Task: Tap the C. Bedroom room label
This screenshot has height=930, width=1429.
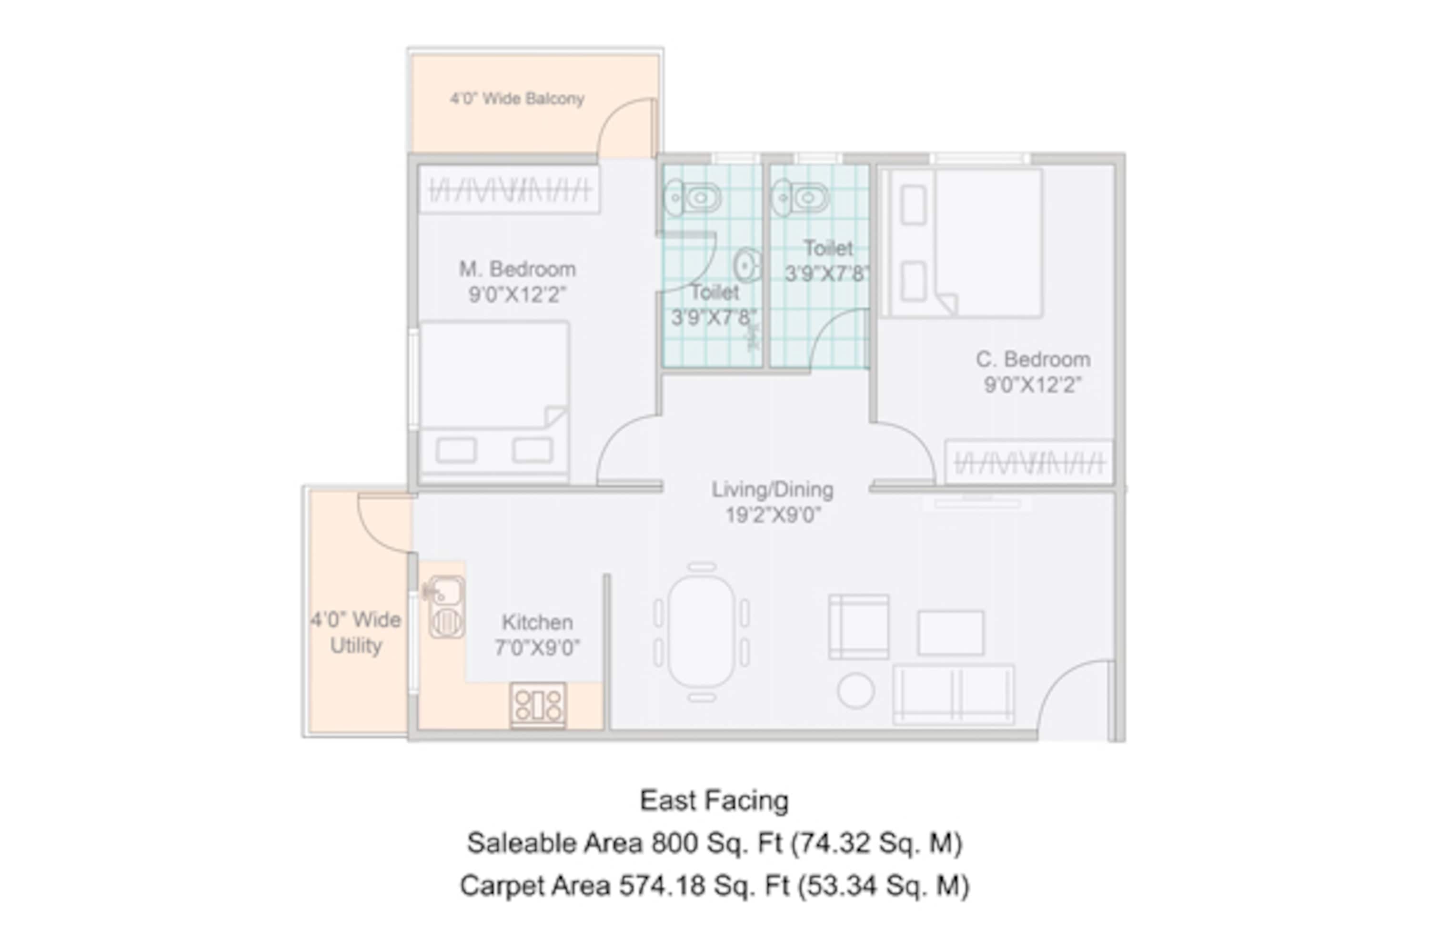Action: click(1033, 359)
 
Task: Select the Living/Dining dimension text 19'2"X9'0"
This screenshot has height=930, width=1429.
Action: click(773, 515)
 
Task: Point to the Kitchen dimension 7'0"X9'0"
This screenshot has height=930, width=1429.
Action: click(537, 647)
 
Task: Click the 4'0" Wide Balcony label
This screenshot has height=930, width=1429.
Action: click(517, 99)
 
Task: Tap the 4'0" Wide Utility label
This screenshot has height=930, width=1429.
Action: click(355, 632)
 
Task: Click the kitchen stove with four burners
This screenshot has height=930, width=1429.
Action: click(538, 704)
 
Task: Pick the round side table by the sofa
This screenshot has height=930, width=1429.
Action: click(855, 690)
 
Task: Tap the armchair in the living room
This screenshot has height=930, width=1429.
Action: click(859, 627)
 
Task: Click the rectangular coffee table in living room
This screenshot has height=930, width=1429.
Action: click(950, 633)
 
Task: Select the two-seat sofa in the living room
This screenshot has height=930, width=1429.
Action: click(954, 694)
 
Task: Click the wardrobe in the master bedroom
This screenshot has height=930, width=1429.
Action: click(509, 190)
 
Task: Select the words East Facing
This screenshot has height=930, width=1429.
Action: click(714, 800)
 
